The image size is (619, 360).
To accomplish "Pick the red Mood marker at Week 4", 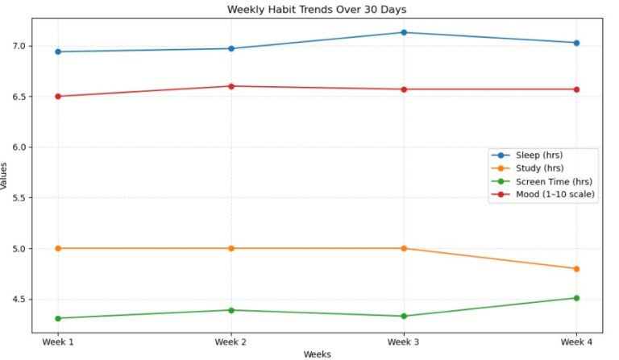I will coord(576,89).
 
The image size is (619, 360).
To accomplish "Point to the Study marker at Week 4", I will coord(576,268).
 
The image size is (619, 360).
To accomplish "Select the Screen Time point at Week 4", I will coord(576,298).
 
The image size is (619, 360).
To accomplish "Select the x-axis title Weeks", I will coord(317,354).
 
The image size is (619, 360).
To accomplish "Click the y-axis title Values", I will coord(6,175).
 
